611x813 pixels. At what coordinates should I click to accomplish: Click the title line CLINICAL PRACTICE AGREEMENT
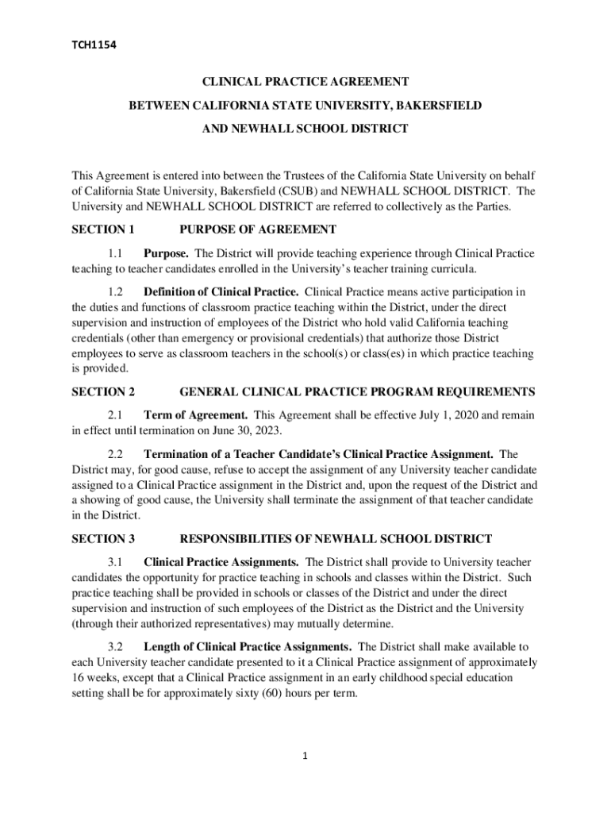tap(305, 82)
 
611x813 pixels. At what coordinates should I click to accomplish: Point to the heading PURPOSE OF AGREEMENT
tap(258, 230)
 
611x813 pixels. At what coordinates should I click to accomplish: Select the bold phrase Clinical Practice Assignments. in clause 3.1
tap(221, 562)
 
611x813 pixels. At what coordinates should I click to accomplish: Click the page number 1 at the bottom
tap(305, 757)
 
